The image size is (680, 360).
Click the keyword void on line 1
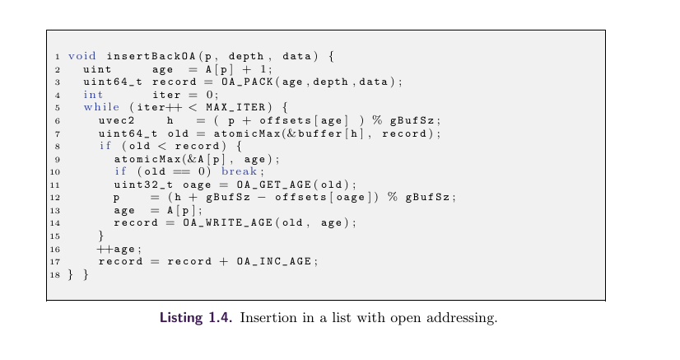point(82,57)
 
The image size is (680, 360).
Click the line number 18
point(56,274)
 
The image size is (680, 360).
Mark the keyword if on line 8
point(105,146)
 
